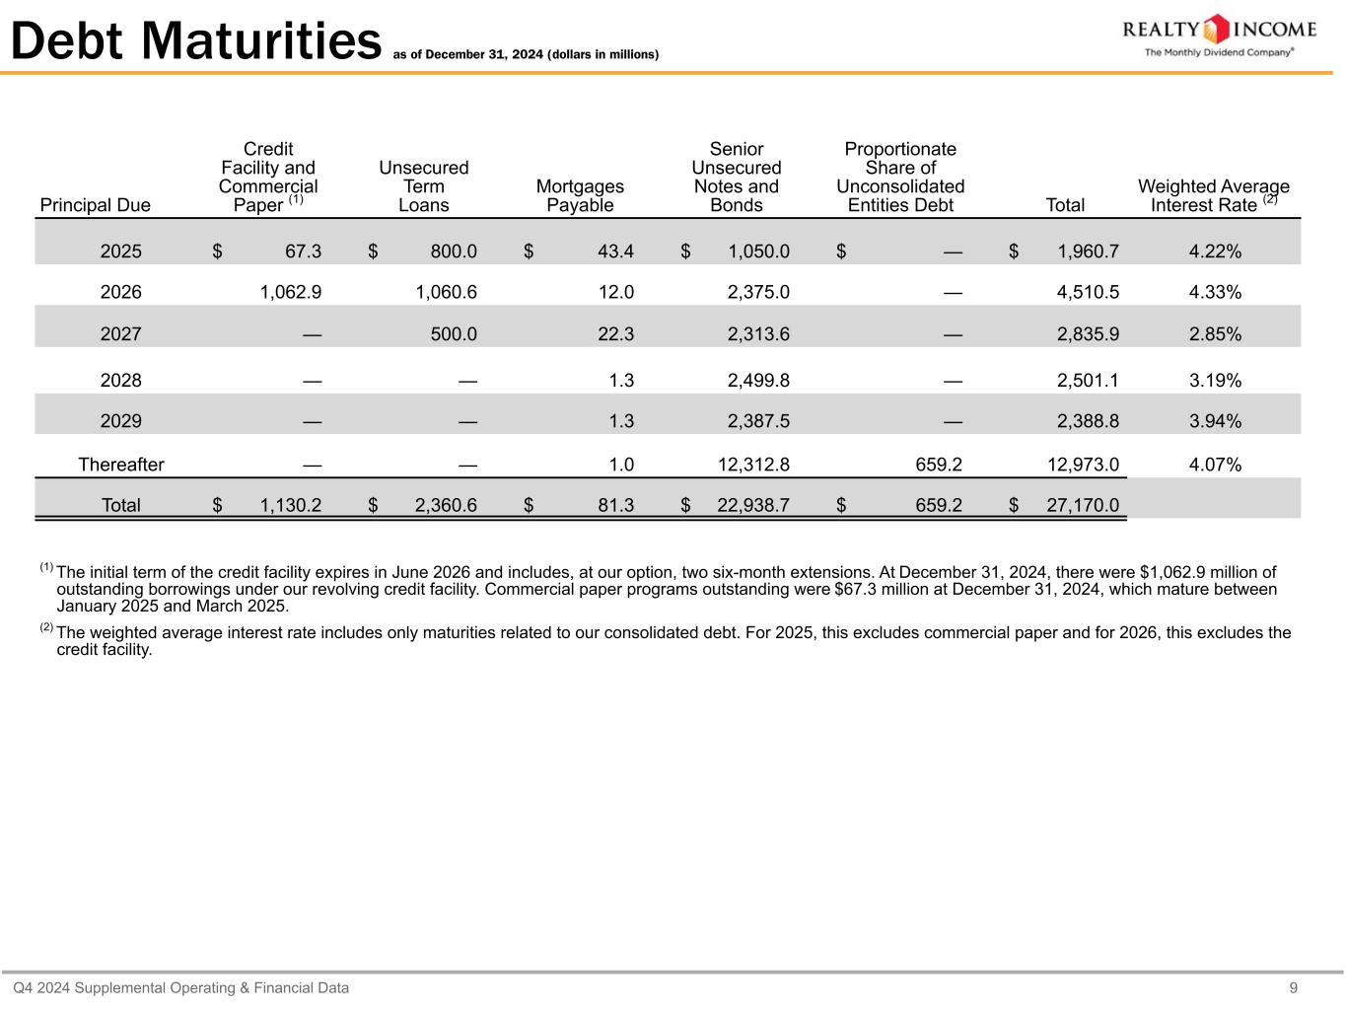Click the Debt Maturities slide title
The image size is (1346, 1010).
click(x=195, y=41)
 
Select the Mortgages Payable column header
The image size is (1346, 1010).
click(x=580, y=195)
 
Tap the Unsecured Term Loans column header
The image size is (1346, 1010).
click(x=424, y=186)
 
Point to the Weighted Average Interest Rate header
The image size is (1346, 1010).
click(x=1213, y=195)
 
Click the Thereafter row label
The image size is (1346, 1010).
click(x=121, y=465)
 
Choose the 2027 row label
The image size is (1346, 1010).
click(x=121, y=334)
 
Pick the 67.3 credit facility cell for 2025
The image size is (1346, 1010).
click(x=303, y=252)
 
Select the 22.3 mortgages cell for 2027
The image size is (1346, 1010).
click(x=615, y=334)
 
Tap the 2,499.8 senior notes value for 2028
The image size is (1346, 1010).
click(x=758, y=381)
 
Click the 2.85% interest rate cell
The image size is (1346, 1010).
click(x=1215, y=334)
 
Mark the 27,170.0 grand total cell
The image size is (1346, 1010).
click(x=1082, y=506)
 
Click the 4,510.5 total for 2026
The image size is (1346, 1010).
click(x=1088, y=292)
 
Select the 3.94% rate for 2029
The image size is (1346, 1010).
click(x=1215, y=421)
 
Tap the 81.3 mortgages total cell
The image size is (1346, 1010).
click(x=615, y=506)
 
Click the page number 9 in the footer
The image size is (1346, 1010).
click(x=1293, y=987)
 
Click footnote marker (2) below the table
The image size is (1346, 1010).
click(x=46, y=628)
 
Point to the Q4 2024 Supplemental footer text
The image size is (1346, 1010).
click(x=180, y=987)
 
